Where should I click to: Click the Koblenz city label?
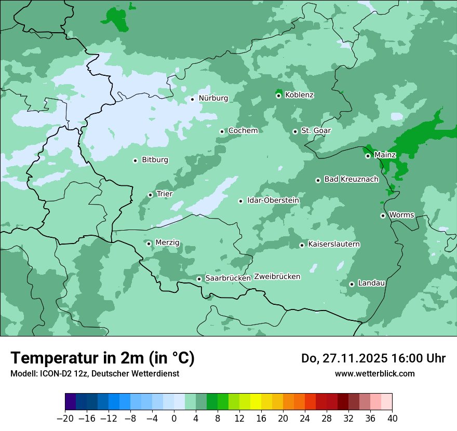(300, 95)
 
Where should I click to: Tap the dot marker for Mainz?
(368, 156)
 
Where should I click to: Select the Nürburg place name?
(213, 98)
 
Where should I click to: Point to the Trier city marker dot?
(150, 195)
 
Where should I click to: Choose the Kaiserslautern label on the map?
(334, 244)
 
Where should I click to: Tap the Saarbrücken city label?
(228, 278)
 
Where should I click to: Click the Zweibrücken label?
(277, 277)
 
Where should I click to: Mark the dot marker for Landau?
(352, 284)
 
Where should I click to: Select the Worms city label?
(401, 215)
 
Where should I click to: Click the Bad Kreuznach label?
(351, 179)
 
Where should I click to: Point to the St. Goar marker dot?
(295, 131)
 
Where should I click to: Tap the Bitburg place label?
(155, 160)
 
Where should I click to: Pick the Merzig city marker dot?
(149, 244)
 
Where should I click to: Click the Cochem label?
(243, 131)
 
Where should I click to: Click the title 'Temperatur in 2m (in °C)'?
(102, 358)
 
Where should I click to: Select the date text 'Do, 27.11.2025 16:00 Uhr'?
(373, 358)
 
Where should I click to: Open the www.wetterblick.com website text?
(374, 373)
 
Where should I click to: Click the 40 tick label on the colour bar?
(392, 419)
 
